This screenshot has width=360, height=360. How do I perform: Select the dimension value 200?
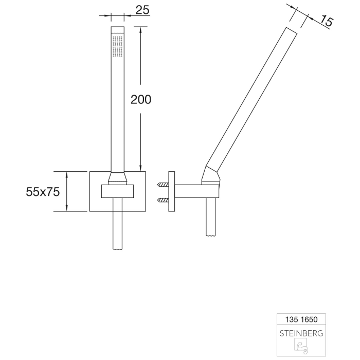[x=140, y=99]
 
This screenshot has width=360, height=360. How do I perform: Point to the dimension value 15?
[x=326, y=21]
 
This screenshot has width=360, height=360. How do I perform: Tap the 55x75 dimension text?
[x=43, y=192]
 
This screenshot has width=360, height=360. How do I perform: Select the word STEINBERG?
[x=301, y=333]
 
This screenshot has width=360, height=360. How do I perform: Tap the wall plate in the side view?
[x=173, y=191]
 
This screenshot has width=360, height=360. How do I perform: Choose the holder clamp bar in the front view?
[x=118, y=191]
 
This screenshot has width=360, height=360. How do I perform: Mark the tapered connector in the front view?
[x=118, y=178]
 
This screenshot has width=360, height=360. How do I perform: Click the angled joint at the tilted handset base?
[x=212, y=176]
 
